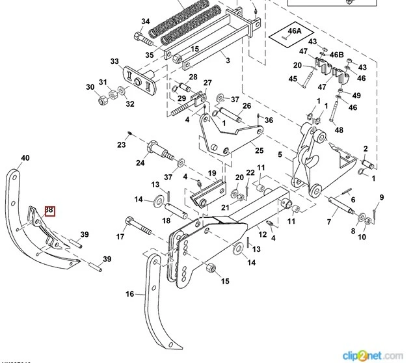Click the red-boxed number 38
[49, 211]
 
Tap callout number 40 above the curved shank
[25, 158]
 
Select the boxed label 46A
[295, 31]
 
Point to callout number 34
[144, 21]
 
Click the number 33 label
[114, 61]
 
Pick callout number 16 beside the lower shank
[130, 294]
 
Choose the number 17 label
[120, 236]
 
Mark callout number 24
[140, 163]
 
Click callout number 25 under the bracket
[241, 151]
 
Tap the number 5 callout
[280, 155]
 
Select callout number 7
[328, 222]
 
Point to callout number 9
[382, 197]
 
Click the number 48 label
[338, 129]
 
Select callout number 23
[121, 144]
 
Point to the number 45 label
[293, 79]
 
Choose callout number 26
[246, 105]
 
